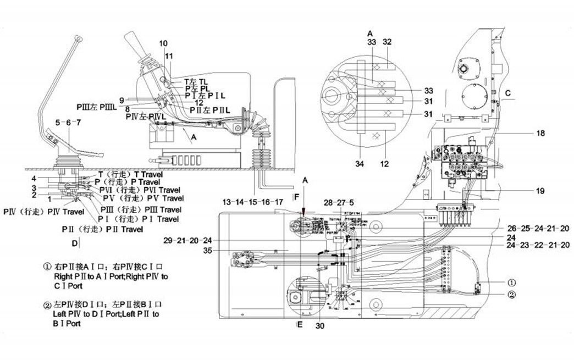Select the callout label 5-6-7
click(x=68, y=123)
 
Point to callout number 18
click(x=540, y=133)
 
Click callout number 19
click(x=540, y=191)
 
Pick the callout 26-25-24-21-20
click(x=538, y=228)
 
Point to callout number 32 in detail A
click(x=387, y=41)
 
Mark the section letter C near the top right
click(x=509, y=94)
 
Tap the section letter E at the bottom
click(x=299, y=325)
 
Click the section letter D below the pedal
click(x=73, y=242)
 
